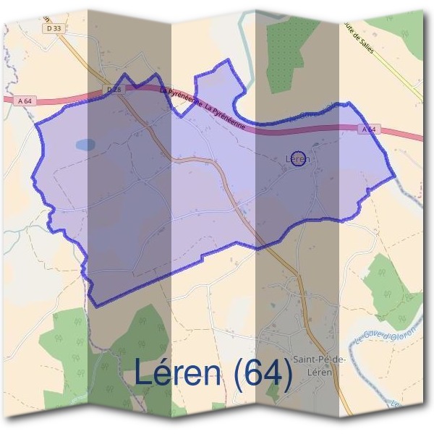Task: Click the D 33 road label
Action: [53, 28]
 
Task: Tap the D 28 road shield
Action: [111, 89]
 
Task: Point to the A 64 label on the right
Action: [368, 129]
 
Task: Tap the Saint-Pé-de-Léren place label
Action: [319, 365]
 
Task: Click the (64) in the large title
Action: [263, 373]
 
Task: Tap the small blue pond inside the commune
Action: [85, 144]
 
